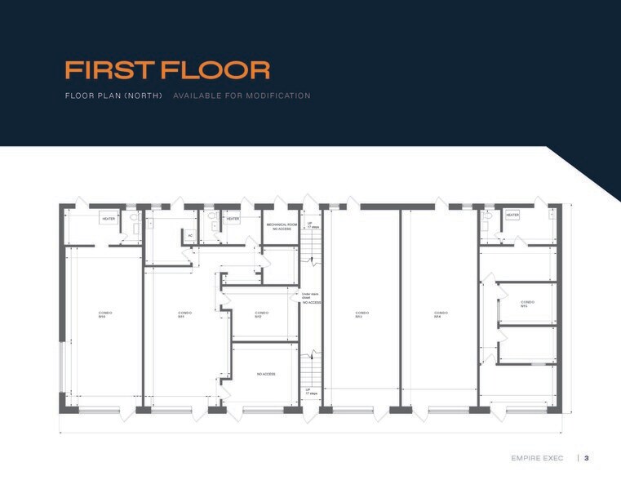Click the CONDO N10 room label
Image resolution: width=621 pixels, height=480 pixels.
(x=104, y=314)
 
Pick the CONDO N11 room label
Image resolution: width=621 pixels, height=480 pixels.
(x=184, y=314)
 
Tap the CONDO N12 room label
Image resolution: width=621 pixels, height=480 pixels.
(x=261, y=314)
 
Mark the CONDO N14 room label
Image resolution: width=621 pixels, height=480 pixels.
(x=441, y=314)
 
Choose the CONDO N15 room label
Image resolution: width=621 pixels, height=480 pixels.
(x=526, y=304)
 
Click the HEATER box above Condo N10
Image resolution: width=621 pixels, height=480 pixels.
(x=108, y=219)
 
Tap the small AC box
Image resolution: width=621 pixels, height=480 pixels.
(x=190, y=235)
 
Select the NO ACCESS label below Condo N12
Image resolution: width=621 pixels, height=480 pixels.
(x=266, y=374)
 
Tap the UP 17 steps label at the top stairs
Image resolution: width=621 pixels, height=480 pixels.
(x=312, y=224)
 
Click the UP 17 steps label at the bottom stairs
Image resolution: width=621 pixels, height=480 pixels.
(x=312, y=392)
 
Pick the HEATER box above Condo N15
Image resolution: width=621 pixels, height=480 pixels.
(x=512, y=216)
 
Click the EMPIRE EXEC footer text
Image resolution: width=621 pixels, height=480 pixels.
(x=536, y=458)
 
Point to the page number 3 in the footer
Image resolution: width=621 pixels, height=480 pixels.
(x=586, y=458)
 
